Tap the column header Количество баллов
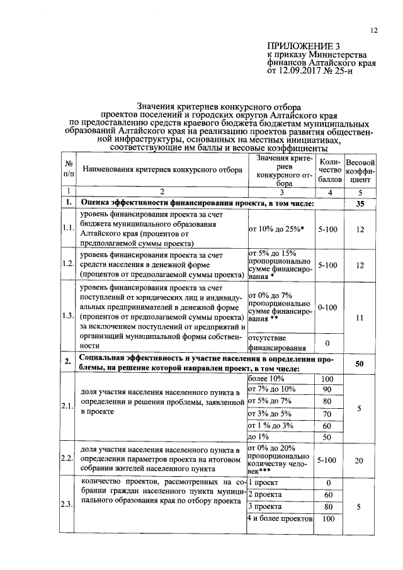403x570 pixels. pyautogui.click(x=329, y=171)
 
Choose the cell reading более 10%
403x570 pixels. pyautogui.click(x=267, y=379)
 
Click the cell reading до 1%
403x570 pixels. pyautogui.click(x=259, y=436)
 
